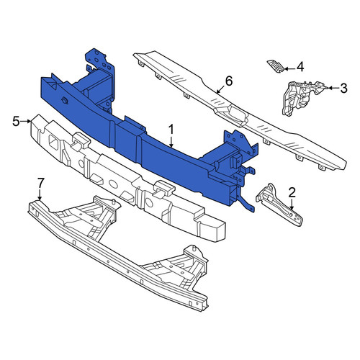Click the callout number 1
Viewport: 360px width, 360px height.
[x=171, y=130]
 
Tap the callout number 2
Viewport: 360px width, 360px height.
[x=292, y=192]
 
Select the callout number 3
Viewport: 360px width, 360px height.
[x=343, y=89]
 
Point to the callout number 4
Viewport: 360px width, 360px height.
[x=300, y=67]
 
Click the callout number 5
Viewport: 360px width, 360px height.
[x=16, y=122]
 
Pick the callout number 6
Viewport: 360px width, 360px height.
[x=229, y=81]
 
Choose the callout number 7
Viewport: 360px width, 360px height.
[x=40, y=184]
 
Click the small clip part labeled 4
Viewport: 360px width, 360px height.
[x=276, y=66]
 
